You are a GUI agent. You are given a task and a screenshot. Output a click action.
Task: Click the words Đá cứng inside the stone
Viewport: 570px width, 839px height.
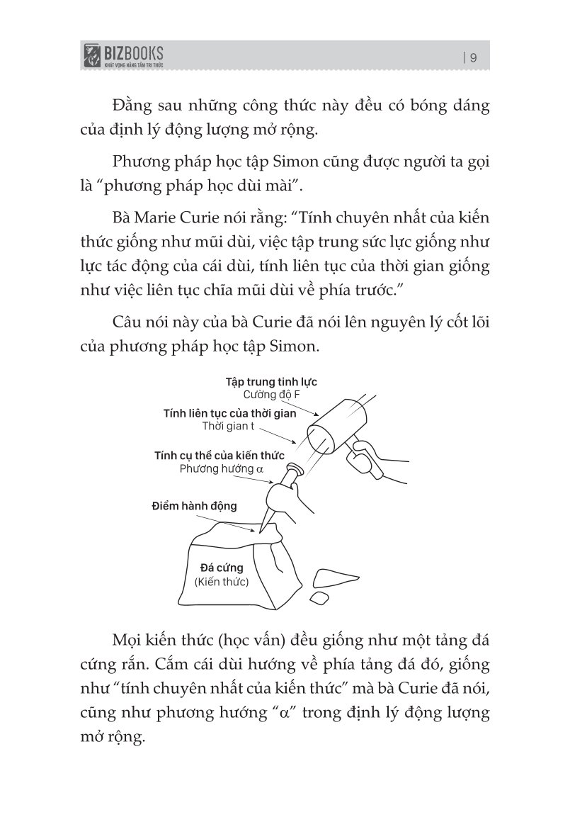[x=222, y=568]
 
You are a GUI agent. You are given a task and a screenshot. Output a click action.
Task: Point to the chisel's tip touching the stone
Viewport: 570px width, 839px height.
[x=261, y=529]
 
